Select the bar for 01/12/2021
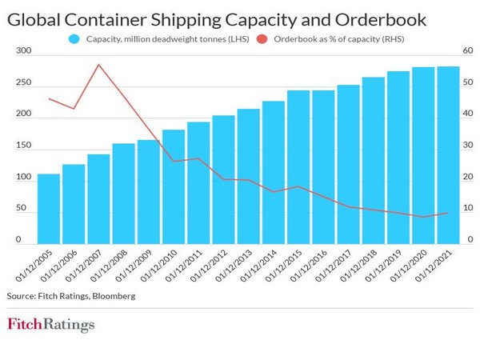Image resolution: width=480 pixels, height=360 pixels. (x=448, y=154)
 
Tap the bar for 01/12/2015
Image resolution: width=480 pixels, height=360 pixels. (x=298, y=166)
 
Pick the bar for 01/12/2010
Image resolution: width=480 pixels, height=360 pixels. (x=174, y=186)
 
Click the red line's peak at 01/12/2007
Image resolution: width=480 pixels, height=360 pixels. (x=98, y=65)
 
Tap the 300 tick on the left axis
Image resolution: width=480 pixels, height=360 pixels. (x=22, y=51)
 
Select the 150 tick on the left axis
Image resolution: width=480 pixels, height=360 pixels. (x=22, y=146)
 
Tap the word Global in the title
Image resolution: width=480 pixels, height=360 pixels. (x=38, y=17)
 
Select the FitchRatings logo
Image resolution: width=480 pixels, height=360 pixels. (x=50, y=325)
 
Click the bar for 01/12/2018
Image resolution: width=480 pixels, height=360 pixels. (x=374, y=160)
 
